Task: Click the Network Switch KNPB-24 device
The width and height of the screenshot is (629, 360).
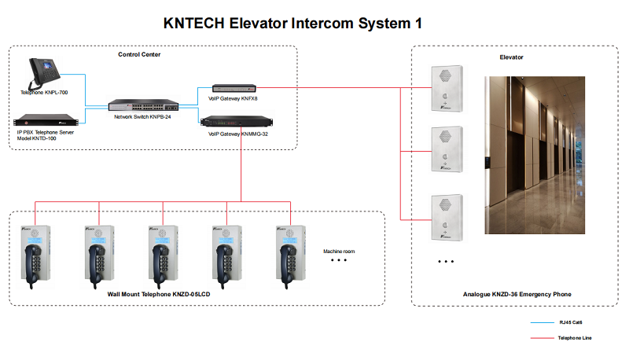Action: click(142, 105)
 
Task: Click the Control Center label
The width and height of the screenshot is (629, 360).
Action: click(140, 54)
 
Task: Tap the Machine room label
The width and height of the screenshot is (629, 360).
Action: click(339, 252)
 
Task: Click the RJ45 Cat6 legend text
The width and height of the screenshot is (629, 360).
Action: click(570, 322)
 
